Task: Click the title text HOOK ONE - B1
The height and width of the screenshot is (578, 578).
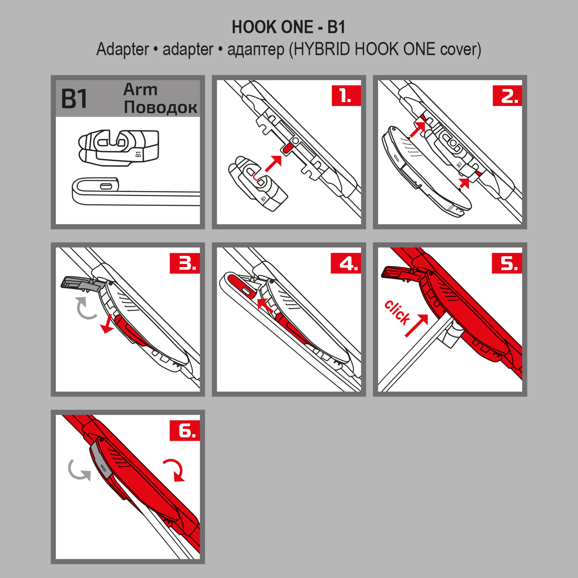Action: [x=289, y=27]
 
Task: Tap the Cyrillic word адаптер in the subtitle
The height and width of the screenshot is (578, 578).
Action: [x=255, y=50]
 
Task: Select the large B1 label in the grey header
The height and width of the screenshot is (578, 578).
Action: [x=74, y=99]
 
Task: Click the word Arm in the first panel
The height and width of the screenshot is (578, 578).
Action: [x=140, y=89]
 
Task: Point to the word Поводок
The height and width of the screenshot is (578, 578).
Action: [x=160, y=108]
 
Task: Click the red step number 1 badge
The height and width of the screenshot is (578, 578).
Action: [x=346, y=96]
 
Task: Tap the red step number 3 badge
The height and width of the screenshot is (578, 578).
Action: [x=184, y=263]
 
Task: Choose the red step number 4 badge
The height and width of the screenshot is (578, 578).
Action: [x=346, y=263]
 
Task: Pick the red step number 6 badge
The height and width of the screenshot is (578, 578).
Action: [x=184, y=430]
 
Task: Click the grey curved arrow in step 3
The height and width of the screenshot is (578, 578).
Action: [x=86, y=308]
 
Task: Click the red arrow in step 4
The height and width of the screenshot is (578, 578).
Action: [x=265, y=305]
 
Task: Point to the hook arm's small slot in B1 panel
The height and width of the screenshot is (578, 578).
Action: [x=106, y=186]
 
